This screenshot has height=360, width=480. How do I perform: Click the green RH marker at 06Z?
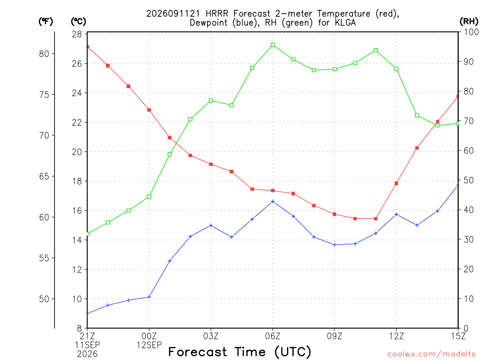tap(273, 45)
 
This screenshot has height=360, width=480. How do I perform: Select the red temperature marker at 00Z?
tap(149, 110)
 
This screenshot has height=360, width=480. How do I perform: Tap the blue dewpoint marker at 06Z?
tap(273, 202)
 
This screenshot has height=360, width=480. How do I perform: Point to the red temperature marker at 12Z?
tap(397, 183)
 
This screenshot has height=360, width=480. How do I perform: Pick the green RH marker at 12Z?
tap(397, 69)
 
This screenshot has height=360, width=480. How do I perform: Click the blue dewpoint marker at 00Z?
tap(149, 297)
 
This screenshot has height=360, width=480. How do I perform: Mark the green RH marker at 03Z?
tap(211, 100)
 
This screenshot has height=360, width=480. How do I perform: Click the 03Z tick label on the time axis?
tap(211, 336)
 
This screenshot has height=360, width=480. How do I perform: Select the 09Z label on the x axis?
tap(335, 336)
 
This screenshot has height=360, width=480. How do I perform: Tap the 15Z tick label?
tap(458, 336)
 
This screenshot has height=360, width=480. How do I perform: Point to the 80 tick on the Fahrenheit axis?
tap(44, 54)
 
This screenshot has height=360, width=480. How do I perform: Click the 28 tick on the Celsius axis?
tap(77, 34)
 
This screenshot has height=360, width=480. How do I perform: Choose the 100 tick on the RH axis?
tap(471, 32)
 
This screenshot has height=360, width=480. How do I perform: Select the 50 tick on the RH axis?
tap(469, 180)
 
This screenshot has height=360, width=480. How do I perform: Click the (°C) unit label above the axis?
tap(78, 22)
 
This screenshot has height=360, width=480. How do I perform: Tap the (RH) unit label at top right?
tap(469, 22)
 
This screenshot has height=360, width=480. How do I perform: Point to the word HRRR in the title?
tap(217, 14)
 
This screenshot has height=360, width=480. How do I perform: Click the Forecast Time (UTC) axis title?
tap(240, 352)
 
